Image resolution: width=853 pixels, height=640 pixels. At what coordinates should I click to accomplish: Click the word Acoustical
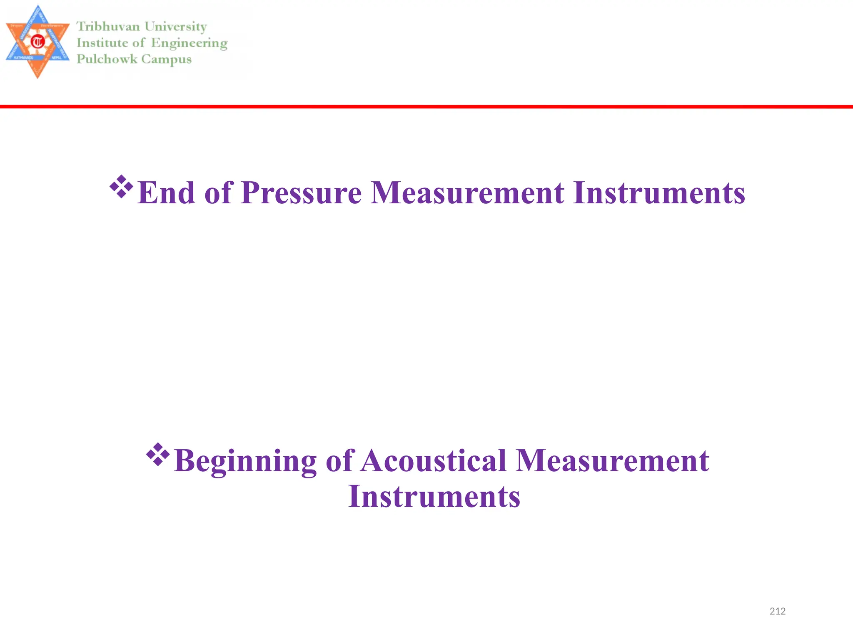pos(433,461)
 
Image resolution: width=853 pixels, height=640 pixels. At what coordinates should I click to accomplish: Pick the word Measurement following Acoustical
pos(612,461)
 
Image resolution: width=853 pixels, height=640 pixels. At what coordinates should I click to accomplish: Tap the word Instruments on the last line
pos(434,497)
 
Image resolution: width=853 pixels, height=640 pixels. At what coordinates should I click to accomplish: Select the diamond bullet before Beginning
pos(158,455)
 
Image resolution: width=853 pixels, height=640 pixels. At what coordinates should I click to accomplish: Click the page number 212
pos(777,611)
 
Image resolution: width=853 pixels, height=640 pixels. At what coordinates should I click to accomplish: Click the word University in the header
pos(175,27)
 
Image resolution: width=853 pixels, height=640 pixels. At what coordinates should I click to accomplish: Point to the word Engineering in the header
pos(189,43)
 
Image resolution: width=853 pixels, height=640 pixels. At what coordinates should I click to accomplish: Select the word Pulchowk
pos(107,59)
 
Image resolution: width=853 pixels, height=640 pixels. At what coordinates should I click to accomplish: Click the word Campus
pos(166,60)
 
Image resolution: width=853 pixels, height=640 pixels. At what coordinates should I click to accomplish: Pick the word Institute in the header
pos(102,43)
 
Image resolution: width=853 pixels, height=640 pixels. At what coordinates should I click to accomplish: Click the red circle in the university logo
pos(38,42)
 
